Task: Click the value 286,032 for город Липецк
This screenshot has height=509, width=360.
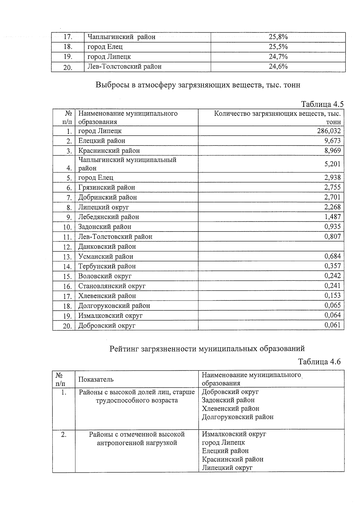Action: (x=329, y=131)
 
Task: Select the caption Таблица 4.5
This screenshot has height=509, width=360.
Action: (x=322, y=104)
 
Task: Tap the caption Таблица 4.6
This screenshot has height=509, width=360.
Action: (x=319, y=361)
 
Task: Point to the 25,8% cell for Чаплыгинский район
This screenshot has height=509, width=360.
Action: (x=278, y=37)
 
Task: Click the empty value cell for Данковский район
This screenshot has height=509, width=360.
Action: (x=271, y=247)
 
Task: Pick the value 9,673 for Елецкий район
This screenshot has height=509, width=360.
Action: (x=332, y=141)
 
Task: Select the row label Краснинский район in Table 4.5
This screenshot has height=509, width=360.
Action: (x=109, y=151)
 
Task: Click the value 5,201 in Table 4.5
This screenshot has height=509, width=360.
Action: (x=332, y=164)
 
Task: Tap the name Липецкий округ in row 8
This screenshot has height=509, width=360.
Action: (x=103, y=207)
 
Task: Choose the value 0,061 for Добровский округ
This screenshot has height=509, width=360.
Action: (x=332, y=325)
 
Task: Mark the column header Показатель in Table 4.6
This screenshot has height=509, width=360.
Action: (x=96, y=379)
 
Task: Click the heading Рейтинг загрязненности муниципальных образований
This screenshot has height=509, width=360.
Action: (x=207, y=349)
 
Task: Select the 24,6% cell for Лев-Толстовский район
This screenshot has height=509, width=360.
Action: (x=278, y=67)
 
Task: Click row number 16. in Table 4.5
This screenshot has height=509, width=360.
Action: (x=67, y=286)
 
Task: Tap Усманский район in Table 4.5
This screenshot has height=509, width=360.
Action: (x=106, y=256)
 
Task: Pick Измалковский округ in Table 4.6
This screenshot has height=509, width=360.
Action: (x=234, y=434)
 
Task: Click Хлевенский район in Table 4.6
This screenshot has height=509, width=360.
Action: (x=230, y=409)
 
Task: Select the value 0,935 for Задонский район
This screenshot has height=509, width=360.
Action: (x=332, y=227)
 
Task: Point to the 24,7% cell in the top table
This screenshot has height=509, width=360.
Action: (x=278, y=57)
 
